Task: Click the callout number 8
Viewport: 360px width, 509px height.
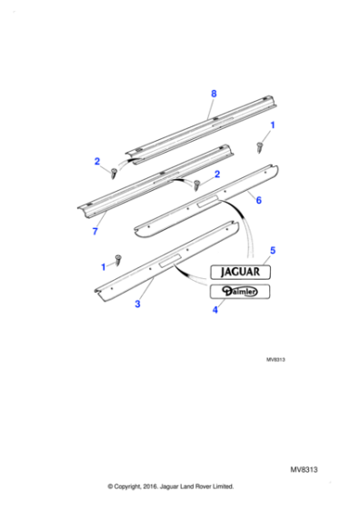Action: [214, 94]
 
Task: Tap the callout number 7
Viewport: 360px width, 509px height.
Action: [95, 232]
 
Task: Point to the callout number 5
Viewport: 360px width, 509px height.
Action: [273, 248]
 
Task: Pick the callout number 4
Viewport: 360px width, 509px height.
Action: [215, 310]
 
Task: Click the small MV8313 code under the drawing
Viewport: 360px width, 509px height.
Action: [275, 358]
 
